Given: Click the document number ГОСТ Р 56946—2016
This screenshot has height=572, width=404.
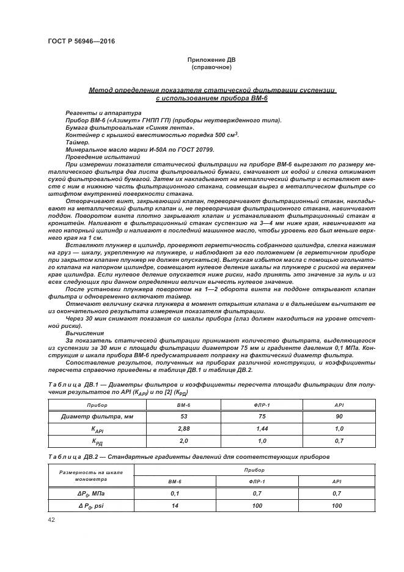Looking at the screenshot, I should coord(81,41).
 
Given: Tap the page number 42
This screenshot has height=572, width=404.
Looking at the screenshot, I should coord(51,519).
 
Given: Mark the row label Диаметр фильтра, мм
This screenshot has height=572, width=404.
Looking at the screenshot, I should coord(97,417).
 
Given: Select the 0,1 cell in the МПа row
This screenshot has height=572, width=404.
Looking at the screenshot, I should coord(175,492).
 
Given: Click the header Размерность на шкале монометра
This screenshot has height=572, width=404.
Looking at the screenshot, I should coord(91,476).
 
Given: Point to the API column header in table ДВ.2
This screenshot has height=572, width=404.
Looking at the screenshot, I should coord(336,481).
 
